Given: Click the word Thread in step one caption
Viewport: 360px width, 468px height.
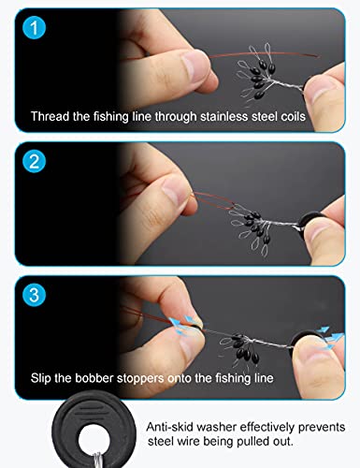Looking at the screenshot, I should (x=50, y=119).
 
